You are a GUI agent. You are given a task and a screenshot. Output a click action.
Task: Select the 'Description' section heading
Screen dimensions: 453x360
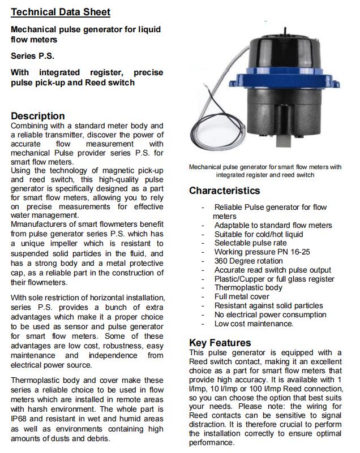38,116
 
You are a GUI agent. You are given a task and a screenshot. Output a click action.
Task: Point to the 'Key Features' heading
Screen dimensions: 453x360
220,343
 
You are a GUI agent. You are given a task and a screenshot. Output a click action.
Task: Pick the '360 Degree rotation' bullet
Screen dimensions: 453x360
248,261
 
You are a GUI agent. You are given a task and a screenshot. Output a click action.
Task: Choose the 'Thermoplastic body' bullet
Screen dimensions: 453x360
248,287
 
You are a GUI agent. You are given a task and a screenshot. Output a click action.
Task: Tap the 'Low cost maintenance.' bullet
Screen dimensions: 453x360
254,323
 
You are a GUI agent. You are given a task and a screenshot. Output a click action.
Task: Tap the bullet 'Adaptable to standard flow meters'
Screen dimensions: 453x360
273,225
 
